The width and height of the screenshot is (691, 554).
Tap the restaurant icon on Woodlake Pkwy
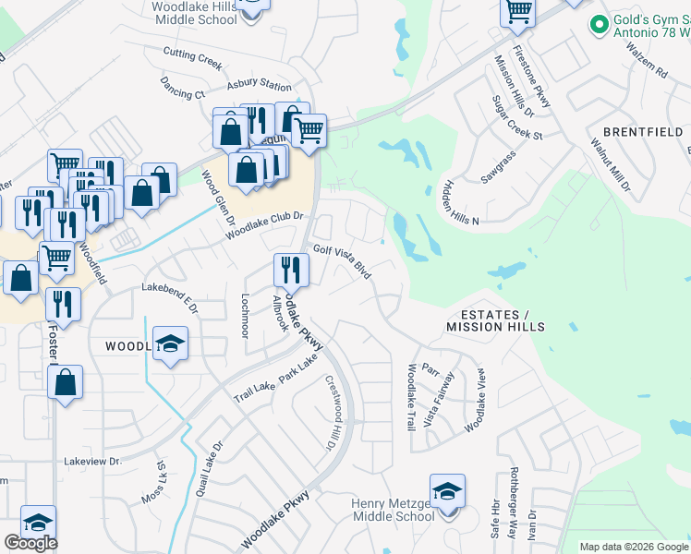pos(291,270)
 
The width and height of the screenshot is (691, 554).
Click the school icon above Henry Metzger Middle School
pos(447,490)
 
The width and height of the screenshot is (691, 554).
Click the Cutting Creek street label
pos(193,57)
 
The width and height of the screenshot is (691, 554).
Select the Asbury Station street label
pos(260,84)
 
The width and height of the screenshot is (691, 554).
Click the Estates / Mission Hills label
pos(495,320)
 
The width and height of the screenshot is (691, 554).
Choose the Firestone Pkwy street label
pos(533,76)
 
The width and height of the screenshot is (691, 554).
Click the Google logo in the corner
pos(30,543)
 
